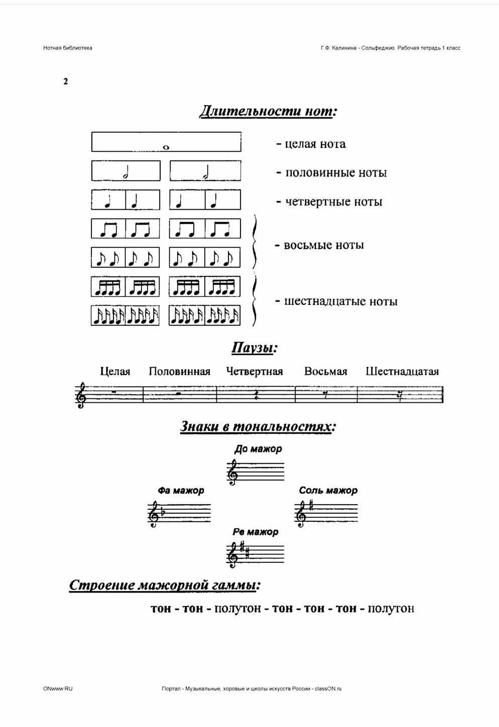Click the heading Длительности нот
[268, 111]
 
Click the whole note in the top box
[166, 148]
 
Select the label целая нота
[311, 144]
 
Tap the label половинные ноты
[332, 173]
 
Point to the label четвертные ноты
[329, 202]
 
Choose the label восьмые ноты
[320, 245]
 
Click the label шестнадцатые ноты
[336, 302]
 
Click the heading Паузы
[255, 348]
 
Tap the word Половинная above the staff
[179, 372]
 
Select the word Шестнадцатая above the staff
[402, 372]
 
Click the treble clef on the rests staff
[81, 395]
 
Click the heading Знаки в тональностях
[258, 427]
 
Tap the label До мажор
[258, 449]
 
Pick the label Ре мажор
[255, 532]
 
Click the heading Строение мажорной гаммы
[165, 586]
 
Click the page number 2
[66, 82]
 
